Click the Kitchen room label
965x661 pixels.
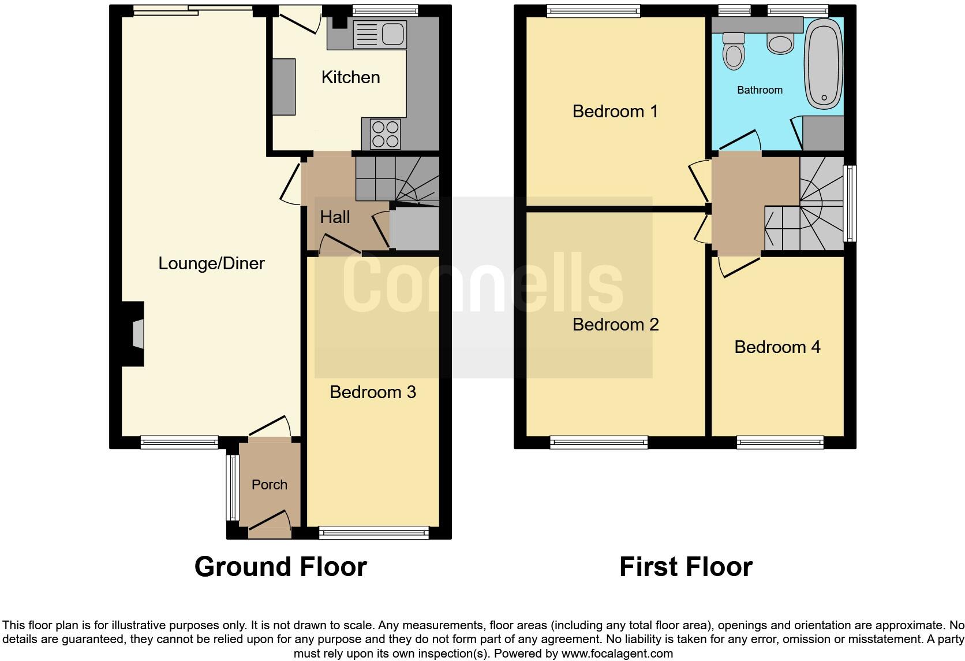coord(350,77)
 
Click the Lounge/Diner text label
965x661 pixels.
coord(211,263)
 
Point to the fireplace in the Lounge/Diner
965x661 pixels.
coord(134,334)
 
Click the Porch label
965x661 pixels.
coord(269,485)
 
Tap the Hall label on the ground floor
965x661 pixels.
coord(335,217)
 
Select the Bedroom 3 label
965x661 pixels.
coord(373,392)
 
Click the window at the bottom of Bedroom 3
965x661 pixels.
coord(373,533)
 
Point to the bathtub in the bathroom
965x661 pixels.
coord(824,64)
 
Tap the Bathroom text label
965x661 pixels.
coord(760,90)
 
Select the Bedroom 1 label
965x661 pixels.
coord(615,112)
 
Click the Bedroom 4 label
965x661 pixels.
coord(777,347)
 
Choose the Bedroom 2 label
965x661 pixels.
coord(615,325)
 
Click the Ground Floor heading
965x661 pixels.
coord(280,567)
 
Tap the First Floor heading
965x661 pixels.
coord(686,567)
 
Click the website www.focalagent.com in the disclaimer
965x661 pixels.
coord(617,654)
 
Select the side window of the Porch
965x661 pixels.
coord(233,487)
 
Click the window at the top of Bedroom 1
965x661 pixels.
coord(593,10)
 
